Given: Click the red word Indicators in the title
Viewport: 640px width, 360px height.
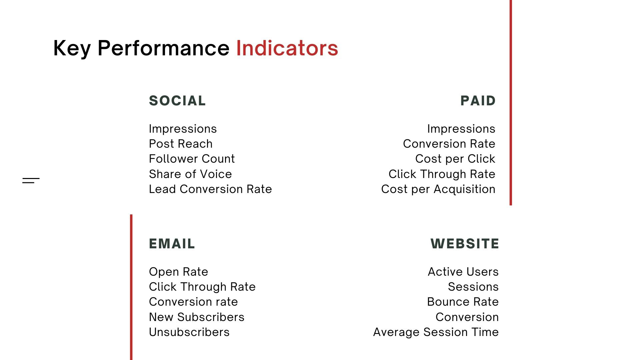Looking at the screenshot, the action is click(287, 48).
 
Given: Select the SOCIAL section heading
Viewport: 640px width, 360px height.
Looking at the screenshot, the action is click(177, 101).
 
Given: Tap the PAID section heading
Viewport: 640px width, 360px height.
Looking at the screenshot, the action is click(478, 101).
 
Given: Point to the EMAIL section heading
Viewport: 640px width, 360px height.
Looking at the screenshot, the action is click(172, 244).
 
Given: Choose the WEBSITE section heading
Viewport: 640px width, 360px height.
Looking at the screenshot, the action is click(465, 244).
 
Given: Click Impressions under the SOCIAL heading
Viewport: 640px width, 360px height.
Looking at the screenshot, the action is click(183, 129).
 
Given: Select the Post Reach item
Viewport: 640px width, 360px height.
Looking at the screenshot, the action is click(181, 144).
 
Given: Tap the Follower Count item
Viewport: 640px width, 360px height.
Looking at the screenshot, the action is click(192, 159).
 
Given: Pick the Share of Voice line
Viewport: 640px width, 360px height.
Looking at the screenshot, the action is click(190, 174).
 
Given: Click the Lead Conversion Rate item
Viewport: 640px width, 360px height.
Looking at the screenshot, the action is click(210, 189).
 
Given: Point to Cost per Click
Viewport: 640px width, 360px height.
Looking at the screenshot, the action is click(455, 159).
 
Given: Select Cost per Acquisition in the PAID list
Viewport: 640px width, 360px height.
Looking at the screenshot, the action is click(438, 189).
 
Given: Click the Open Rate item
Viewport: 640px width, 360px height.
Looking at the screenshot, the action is click(178, 272).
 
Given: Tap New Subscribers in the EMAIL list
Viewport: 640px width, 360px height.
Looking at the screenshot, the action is click(197, 317).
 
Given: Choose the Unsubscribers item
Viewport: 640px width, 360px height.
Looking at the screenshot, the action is click(189, 332).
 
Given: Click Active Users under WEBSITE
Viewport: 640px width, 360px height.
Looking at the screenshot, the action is click(463, 272).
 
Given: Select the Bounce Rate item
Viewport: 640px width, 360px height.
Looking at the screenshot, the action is click(463, 302).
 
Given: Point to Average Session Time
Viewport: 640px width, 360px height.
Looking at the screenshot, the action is click(436, 332).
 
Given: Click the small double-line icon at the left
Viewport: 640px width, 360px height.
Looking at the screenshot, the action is click(31, 181).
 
